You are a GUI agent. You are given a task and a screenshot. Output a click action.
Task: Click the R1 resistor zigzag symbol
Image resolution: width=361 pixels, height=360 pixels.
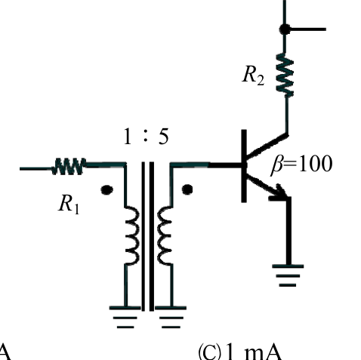pos(69,166)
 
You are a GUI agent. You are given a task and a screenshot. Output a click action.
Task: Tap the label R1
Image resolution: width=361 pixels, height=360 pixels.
pos(69,204)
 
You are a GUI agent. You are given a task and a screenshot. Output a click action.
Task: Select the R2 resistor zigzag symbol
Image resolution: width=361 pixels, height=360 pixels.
pos(285,75)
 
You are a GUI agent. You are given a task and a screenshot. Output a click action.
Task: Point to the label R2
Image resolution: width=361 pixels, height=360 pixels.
pos(253,75)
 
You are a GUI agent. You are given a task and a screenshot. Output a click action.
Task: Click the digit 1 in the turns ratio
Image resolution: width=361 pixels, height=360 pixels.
pos(128,137)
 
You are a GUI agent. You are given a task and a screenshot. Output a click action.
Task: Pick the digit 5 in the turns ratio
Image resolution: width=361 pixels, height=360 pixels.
pos(164,137)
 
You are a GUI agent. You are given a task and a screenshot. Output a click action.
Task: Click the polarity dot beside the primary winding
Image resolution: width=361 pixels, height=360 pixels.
pos(106,189)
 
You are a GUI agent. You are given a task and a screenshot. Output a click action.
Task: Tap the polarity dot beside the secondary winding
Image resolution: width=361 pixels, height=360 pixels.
pos(187,189)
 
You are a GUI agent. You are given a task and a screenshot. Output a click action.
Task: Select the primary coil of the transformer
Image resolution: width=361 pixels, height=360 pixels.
pos(132,235)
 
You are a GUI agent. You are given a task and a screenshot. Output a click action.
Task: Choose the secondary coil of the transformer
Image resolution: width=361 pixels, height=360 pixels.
pos(165,235)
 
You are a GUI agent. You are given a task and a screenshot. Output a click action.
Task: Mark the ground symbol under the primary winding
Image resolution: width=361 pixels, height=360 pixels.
pos(125,318)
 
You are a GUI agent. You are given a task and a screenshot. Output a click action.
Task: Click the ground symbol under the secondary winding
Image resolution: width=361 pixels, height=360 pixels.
pos(171,318)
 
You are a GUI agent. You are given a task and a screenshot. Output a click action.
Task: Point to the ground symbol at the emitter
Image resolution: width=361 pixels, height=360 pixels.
pos(288,275)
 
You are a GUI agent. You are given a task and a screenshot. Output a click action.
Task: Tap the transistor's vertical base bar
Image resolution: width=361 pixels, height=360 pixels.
pos(244,166)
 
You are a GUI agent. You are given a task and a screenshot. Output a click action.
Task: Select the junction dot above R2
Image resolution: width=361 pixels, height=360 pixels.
pos(285,29)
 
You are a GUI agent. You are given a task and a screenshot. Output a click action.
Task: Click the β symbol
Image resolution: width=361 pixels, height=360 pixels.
pos(276,165)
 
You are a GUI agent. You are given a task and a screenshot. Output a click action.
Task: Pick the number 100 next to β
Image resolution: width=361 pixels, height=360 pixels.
pos(315,164)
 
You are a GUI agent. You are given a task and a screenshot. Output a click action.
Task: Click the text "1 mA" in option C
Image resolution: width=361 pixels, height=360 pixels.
pos(253,352)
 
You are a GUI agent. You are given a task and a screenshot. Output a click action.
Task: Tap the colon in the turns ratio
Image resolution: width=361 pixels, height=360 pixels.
pos(145,138)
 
